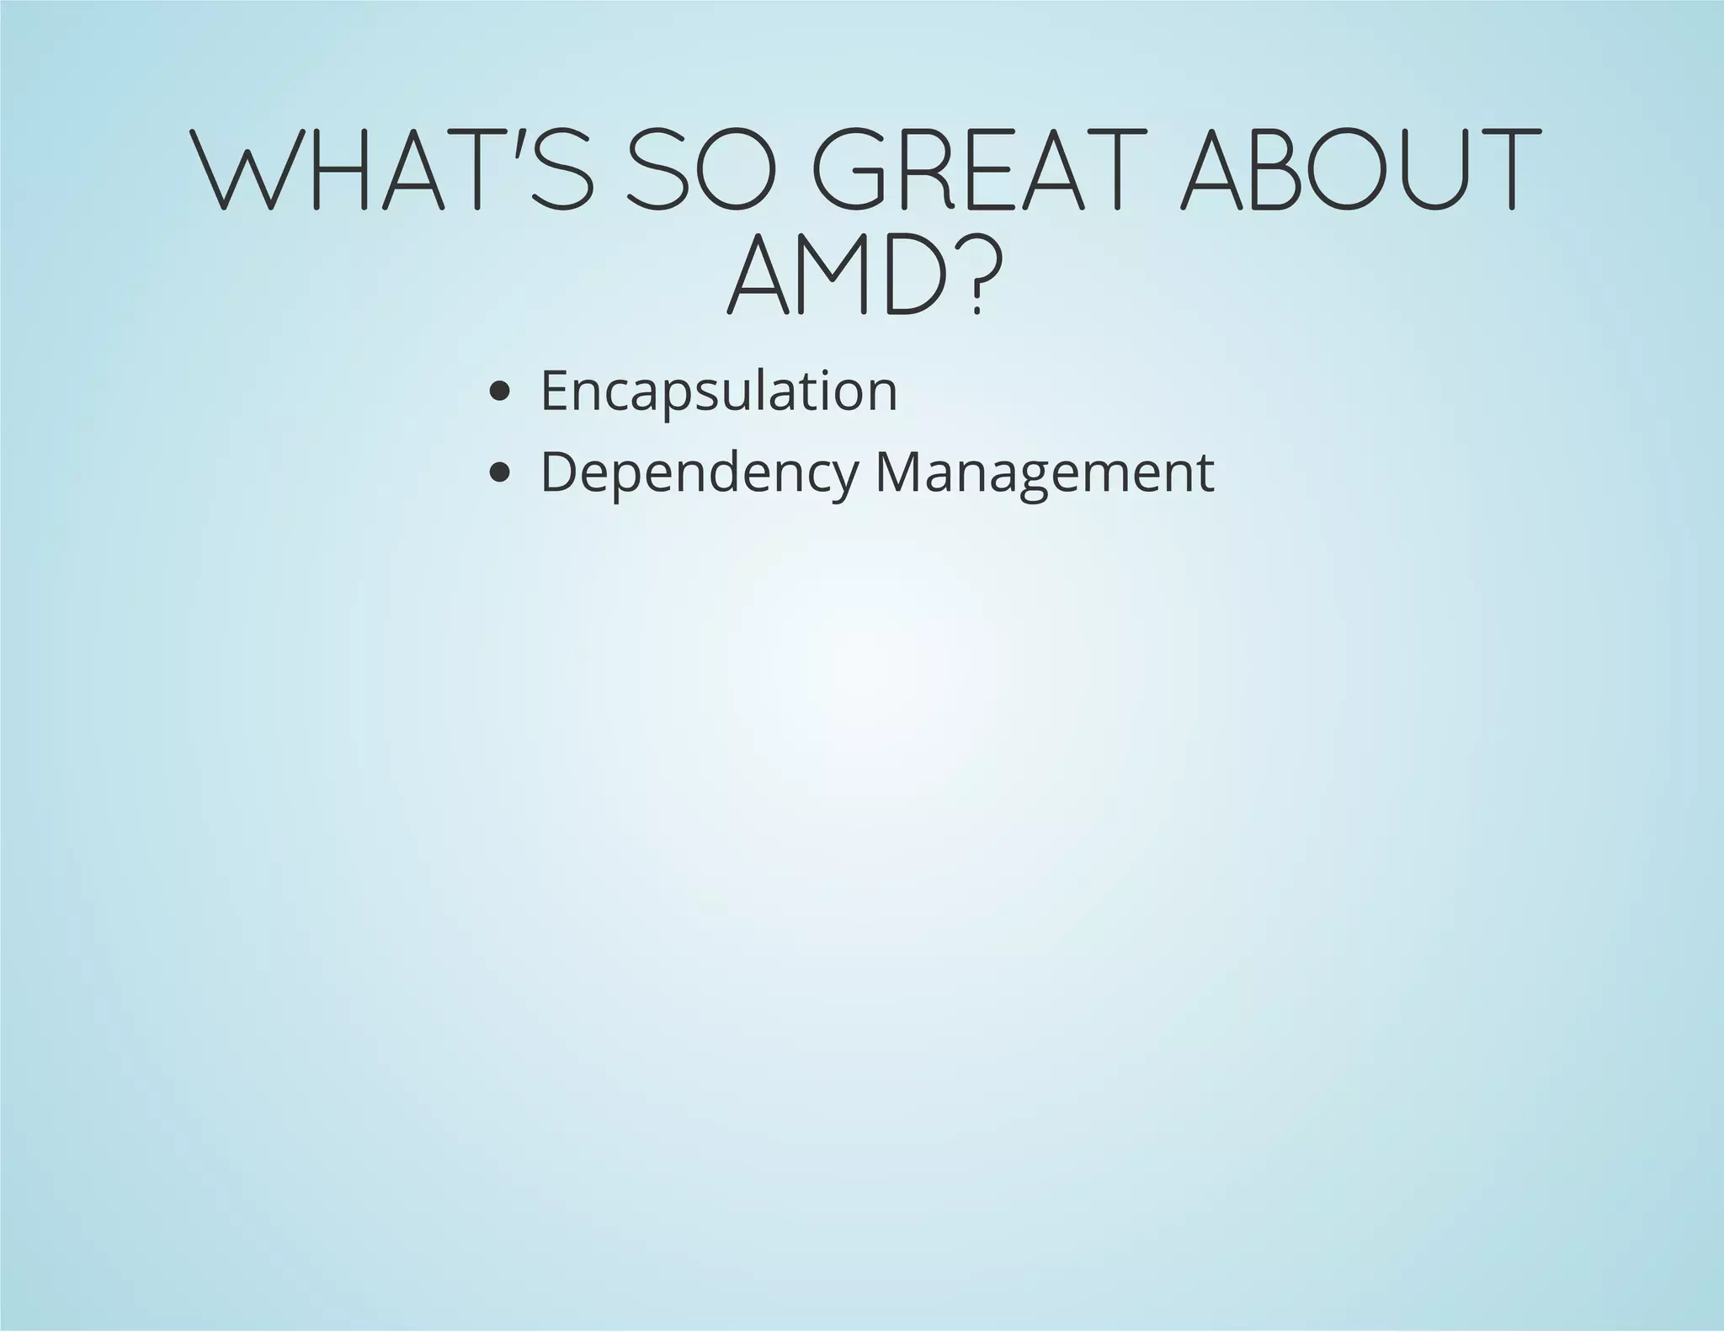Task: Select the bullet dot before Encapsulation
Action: coord(499,391)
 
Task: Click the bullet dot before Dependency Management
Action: coord(499,473)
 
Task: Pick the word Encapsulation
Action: coord(719,391)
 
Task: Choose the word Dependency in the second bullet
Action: coord(699,474)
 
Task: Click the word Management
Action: coord(1045,473)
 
